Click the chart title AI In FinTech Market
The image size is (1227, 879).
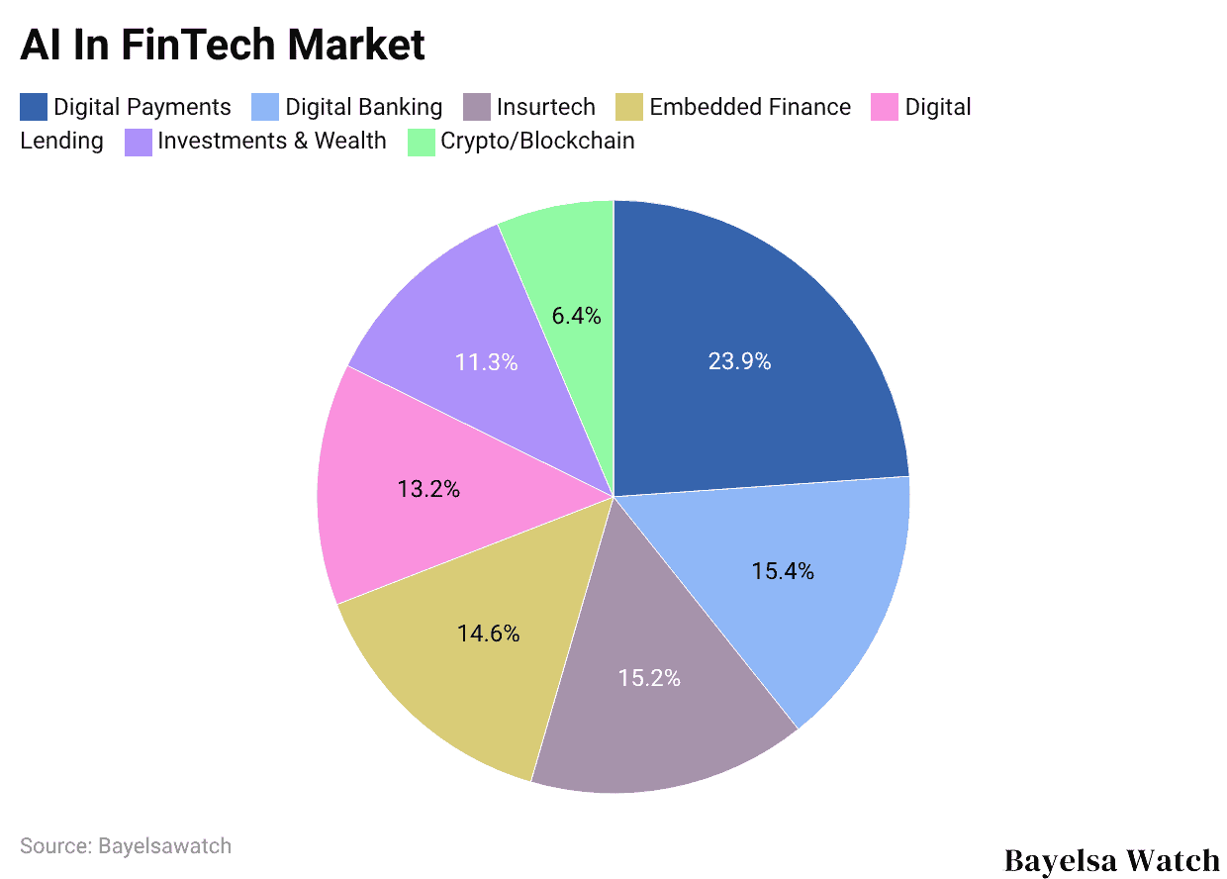[223, 46]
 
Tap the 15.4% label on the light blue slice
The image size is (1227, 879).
[782, 571]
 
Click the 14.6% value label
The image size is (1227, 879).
[488, 634]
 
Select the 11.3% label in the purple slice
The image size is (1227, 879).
[486, 362]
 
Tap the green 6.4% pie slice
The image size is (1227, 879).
[574, 257]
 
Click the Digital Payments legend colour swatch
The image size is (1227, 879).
[34, 107]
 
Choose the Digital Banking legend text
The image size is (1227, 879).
[363, 107]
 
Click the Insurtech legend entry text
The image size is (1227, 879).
[545, 107]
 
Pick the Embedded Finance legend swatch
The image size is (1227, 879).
[629, 107]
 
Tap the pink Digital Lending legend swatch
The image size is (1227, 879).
[884, 107]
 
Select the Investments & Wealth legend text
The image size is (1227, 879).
[271, 141]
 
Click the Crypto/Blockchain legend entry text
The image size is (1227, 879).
[537, 141]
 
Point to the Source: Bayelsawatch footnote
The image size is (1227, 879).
[126, 846]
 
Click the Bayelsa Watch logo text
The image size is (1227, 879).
[1111, 860]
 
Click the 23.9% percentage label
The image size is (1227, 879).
[739, 362]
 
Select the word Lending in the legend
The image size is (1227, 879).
[61, 141]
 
